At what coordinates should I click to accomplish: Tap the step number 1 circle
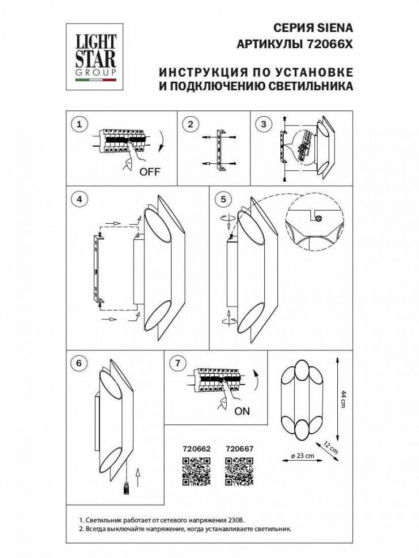click(x=79, y=124)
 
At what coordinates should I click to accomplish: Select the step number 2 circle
click(x=191, y=124)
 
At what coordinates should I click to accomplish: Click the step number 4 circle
click(x=79, y=199)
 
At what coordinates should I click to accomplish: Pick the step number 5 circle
click(x=223, y=199)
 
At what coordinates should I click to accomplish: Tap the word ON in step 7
click(x=243, y=412)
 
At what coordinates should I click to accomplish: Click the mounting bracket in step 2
click(x=219, y=151)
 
